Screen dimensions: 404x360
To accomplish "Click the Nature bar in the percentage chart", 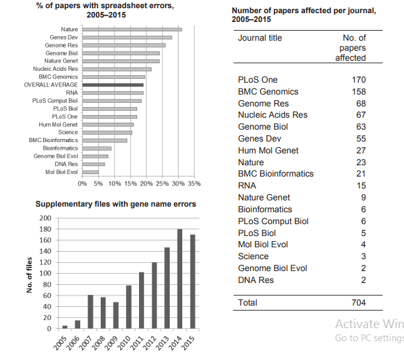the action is (x=132, y=29).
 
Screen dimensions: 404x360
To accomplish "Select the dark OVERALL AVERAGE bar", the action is (x=113, y=85).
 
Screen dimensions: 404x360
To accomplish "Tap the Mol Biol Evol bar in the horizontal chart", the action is (x=90, y=172).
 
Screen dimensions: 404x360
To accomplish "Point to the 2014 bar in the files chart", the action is (x=180, y=279).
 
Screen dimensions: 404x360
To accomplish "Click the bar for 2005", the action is (x=65, y=327).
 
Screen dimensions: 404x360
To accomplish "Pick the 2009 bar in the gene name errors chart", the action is (x=116, y=315).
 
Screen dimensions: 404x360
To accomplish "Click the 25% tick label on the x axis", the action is (x=162, y=183).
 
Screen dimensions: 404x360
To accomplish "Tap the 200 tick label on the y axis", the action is (x=45, y=218).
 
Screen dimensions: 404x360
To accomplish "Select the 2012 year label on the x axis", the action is (x=150, y=343).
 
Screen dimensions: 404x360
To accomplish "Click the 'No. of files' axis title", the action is (x=29, y=275).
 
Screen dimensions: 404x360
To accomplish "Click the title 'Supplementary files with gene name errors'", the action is (x=116, y=204).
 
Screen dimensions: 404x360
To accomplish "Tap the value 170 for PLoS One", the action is (x=359, y=80).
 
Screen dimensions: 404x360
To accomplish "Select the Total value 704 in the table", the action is (x=359, y=302).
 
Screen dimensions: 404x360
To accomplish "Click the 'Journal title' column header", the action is (x=260, y=38).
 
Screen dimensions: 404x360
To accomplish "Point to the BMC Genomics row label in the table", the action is (x=268, y=91).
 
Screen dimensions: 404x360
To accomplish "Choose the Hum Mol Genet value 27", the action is (x=361, y=150).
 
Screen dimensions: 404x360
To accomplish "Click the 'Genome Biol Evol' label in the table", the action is (x=272, y=268).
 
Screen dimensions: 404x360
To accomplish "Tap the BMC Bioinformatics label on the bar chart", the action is (x=53, y=140).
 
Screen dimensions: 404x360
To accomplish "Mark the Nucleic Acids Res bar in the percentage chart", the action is (x=117, y=69).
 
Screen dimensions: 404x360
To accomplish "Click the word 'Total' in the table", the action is (x=247, y=302).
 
